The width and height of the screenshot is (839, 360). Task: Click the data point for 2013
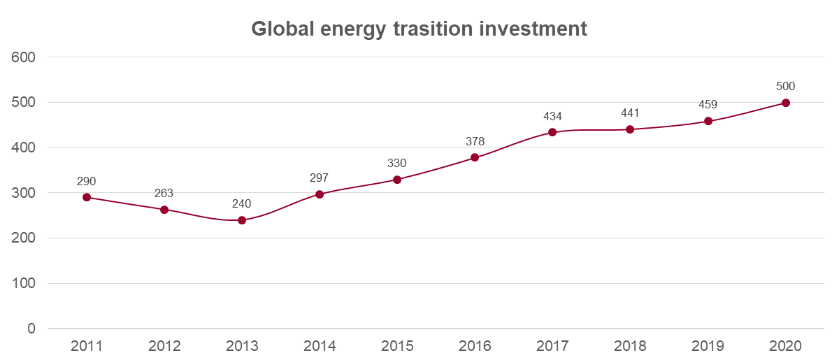(x=242, y=220)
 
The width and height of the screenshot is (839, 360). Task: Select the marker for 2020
(x=785, y=103)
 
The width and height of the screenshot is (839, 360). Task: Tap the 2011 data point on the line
(x=87, y=197)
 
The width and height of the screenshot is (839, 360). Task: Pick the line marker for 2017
(x=552, y=132)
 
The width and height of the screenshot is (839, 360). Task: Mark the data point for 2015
(x=397, y=180)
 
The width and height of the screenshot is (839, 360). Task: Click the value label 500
(x=785, y=87)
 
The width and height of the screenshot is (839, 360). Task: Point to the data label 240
(x=242, y=204)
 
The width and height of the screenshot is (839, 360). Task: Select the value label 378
(x=475, y=142)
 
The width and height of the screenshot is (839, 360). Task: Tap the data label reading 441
(x=630, y=113)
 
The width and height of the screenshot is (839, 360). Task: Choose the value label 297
(x=319, y=178)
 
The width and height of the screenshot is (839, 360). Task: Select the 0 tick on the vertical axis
(x=31, y=329)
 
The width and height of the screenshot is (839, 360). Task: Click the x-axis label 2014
(x=320, y=346)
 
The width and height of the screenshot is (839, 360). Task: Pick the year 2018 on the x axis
(x=630, y=346)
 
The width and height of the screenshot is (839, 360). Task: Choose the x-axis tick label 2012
(x=164, y=346)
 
